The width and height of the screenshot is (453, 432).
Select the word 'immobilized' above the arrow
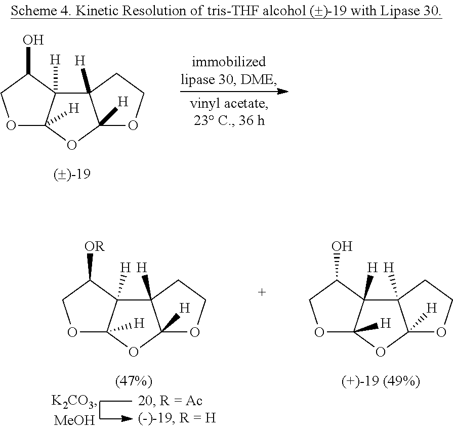coord(228,62)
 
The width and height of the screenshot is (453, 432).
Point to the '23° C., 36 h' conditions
coord(228,122)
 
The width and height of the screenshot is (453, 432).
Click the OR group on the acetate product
coord(95,247)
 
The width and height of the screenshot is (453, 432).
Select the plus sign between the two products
coord(262,292)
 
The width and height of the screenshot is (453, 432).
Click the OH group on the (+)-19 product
coord(342,247)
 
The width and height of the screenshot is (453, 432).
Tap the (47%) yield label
coord(134,380)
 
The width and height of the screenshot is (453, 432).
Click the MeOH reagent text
coord(74,419)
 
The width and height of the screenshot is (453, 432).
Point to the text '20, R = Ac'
coord(170,401)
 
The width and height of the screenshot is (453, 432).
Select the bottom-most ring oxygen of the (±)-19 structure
coord(72,145)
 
